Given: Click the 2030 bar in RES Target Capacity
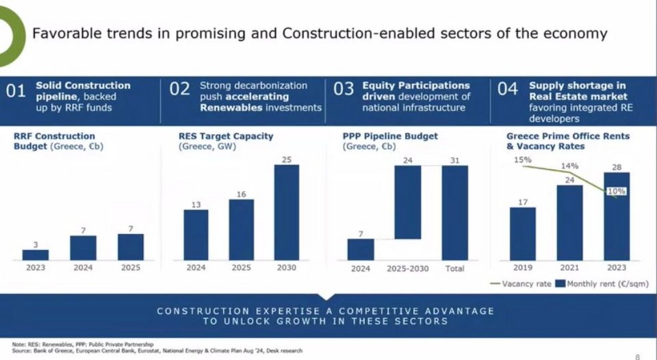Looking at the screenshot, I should (x=287, y=212).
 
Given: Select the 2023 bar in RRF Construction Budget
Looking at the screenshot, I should (x=36, y=255).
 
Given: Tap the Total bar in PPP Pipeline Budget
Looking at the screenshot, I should (x=455, y=212).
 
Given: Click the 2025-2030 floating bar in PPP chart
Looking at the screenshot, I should (x=408, y=202).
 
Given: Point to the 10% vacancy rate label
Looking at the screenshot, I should (x=617, y=192).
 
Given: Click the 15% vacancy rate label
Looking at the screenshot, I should (x=523, y=160).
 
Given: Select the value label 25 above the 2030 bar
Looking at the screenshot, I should (x=287, y=159).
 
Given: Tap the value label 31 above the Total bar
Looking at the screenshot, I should (x=455, y=159).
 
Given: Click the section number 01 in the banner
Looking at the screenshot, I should (x=16, y=91).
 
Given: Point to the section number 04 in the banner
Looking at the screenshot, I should (x=507, y=91).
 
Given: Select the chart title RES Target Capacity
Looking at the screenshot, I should (x=226, y=136).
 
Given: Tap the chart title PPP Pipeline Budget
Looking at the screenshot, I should (x=390, y=136).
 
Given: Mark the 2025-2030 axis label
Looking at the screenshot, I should (x=408, y=268).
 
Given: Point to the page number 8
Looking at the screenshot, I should (x=637, y=356).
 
